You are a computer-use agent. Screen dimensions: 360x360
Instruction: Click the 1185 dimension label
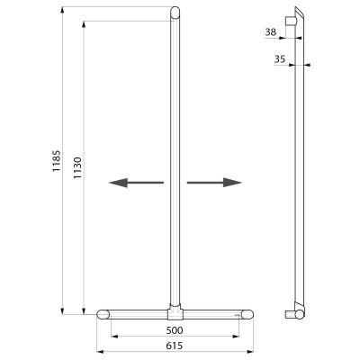(57, 161)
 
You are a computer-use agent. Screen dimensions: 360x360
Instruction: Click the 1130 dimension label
(77, 167)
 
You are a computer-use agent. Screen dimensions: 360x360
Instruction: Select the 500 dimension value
(175, 330)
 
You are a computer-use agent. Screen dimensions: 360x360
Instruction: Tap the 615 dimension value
(175, 346)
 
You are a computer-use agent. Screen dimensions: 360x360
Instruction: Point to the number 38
(271, 32)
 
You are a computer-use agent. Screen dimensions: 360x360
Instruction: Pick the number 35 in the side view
(280, 59)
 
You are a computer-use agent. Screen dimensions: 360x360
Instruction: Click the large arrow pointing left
(136, 183)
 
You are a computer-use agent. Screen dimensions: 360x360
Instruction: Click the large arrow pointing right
(214, 183)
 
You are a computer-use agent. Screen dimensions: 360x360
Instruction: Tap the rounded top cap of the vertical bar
(175, 13)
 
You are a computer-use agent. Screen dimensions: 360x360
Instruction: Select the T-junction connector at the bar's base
(175, 312)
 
